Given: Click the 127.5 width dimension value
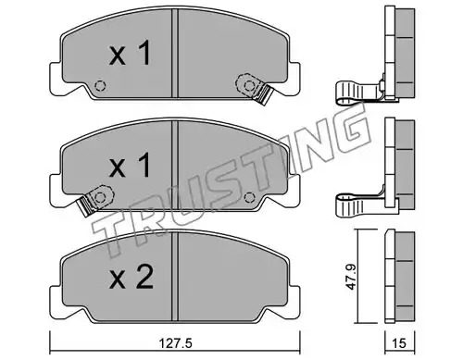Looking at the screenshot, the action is pyautogui.click(x=175, y=343).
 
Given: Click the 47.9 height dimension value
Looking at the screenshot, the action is pyautogui.click(x=350, y=277).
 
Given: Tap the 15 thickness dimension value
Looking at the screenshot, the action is pyautogui.click(x=399, y=343).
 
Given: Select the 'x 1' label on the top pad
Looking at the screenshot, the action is pyautogui.click(x=131, y=53).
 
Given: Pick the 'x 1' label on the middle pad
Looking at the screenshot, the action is pyautogui.click(x=131, y=165).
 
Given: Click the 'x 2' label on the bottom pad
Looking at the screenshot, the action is pyautogui.click(x=131, y=277).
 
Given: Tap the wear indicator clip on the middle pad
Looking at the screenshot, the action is pyautogui.click(x=96, y=199).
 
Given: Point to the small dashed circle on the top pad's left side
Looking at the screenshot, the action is pyautogui.click(x=100, y=85).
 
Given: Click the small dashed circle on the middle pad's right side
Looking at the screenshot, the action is pyautogui.click(x=249, y=197).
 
